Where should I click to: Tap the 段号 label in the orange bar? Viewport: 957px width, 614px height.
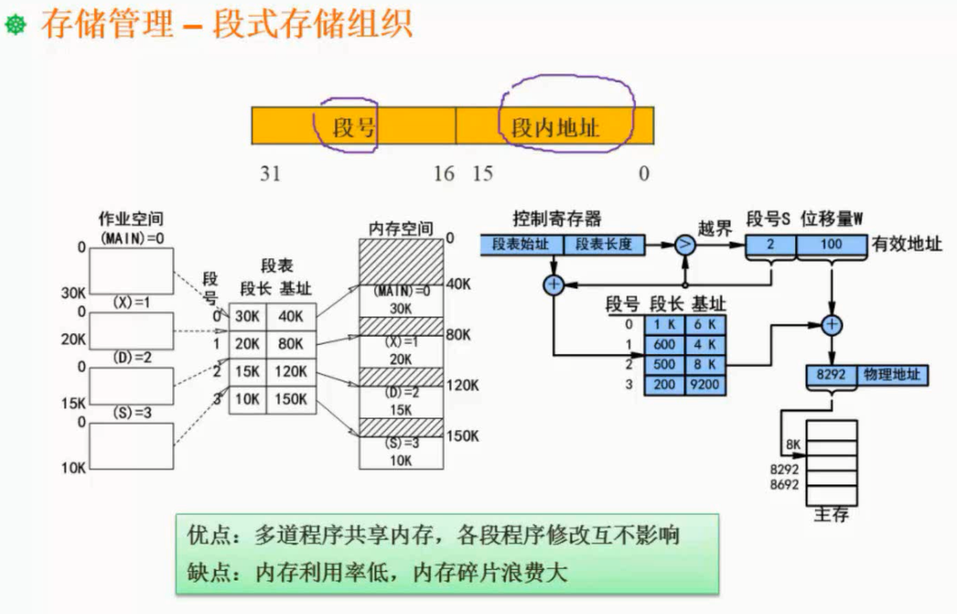355,125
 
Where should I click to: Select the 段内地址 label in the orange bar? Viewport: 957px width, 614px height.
555,126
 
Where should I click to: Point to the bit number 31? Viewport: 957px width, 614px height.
270,174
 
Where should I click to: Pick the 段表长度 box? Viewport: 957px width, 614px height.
605,244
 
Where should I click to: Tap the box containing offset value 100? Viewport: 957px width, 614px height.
831,244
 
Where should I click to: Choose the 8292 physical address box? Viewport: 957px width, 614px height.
831,374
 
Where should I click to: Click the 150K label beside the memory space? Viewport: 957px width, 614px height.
461,436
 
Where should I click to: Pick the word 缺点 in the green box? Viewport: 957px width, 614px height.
205,573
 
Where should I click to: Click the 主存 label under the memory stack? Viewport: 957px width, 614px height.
831,514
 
